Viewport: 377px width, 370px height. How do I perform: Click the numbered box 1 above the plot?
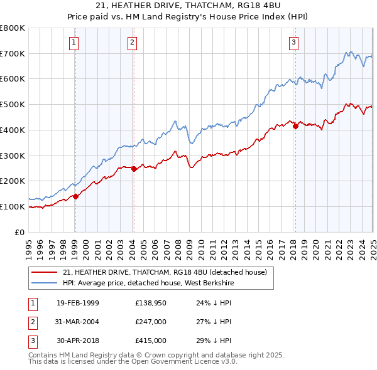[x=74, y=43]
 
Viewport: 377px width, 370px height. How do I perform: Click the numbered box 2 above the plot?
[x=133, y=43]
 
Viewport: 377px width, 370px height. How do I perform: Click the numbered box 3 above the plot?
[x=294, y=43]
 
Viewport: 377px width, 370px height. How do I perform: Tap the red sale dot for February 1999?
[x=75, y=196]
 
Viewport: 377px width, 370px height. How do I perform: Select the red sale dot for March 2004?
[x=134, y=169]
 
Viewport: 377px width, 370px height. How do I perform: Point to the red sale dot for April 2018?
[x=295, y=126]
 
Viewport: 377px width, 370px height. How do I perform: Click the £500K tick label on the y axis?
[x=13, y=104]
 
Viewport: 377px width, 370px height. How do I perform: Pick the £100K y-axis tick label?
[x=13, y=206]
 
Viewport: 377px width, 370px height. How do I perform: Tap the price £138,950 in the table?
[x=150, y=302]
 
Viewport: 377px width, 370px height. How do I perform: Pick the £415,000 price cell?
[x=150, y=341]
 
